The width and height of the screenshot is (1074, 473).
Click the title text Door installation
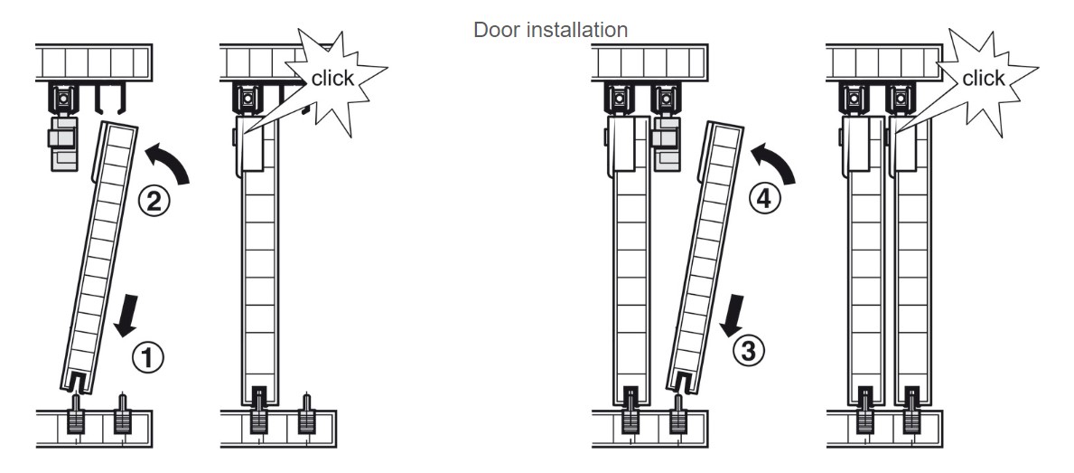[550, 30]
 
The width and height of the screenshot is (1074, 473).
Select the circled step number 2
[154, 201]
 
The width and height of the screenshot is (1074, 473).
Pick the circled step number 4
[764, 201]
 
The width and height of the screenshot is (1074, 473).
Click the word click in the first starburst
[332, 78]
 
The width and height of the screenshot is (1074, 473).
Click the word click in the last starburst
[983, 79]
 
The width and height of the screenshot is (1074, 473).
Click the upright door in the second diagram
[262, 271]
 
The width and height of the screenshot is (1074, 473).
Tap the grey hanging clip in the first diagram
[61, 143]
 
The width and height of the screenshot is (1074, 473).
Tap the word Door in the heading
[492, 30]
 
